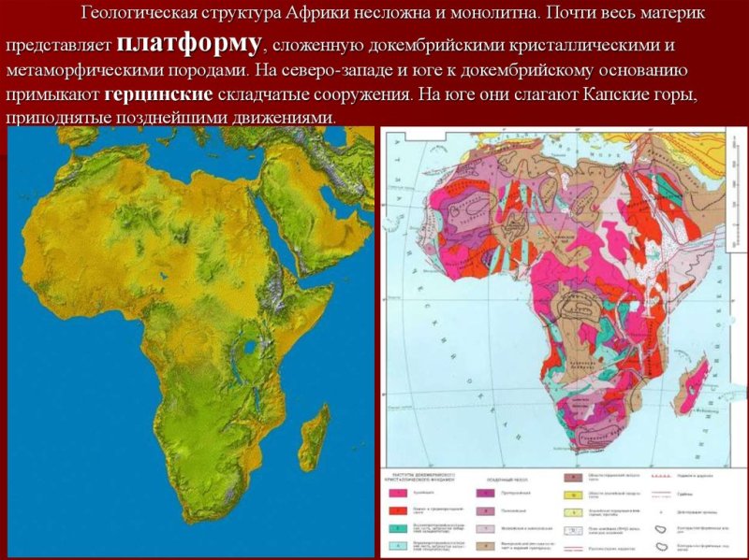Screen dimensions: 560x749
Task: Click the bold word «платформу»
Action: (x=190, y=43)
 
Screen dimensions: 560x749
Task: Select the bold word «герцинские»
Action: (x=159, y=95)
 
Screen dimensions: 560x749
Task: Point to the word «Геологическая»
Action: (x=140, y=14)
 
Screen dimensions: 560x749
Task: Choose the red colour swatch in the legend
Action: (x=397, y=510)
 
